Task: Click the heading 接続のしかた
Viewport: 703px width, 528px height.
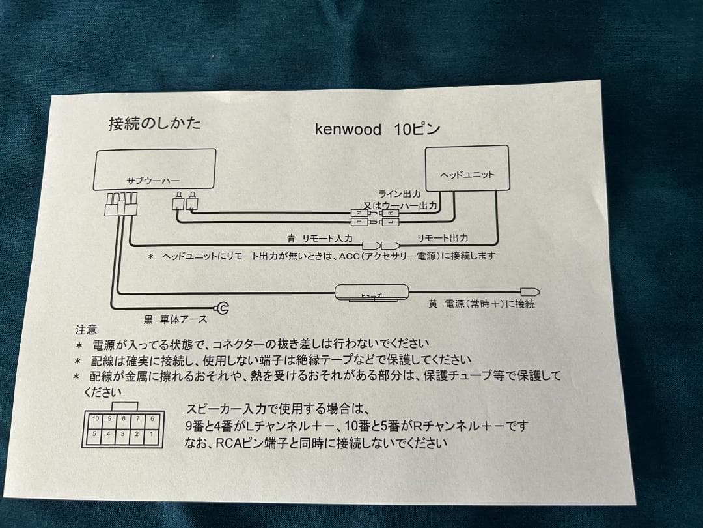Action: pos(155,123)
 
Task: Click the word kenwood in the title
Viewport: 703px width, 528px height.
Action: pos(348,129)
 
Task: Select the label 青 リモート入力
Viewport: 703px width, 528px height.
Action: pos(320,239)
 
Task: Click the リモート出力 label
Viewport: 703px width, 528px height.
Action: pos(442,239)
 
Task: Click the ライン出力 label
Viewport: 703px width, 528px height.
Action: pos(400,194)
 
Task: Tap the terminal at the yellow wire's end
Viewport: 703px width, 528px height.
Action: pos(529,291)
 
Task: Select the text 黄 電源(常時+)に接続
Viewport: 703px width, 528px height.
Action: pos(482,304)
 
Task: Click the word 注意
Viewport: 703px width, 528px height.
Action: pos(86,330)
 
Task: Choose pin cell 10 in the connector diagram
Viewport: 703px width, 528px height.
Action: pos(95,418)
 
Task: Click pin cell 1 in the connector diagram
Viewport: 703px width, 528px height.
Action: pos(151,433)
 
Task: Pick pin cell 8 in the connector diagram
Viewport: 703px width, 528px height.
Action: pos(123,418)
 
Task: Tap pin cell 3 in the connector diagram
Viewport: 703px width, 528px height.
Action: pos(123,433)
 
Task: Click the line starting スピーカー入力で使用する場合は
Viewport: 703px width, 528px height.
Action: pos(277,409)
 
